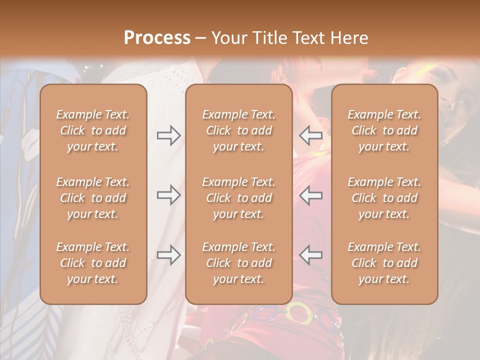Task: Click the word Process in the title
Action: (157, 38)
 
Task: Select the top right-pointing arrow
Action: (168, 135)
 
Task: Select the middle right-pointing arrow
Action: (168, 195)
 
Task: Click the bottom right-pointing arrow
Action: (168, 255)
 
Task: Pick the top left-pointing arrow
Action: (311, 135)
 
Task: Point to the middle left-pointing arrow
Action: (311, 195)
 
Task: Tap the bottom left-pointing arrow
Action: (311, 255)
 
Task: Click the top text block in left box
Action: (93, 130)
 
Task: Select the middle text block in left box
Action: (93, 198)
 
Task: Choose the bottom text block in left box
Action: (93, 263)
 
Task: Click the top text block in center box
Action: (238, 130)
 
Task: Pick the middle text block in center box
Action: (238, 198)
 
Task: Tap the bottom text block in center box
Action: (238, 263)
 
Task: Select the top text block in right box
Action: (384, 130)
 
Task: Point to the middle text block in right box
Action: (384, 198)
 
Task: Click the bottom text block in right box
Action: (384, 263)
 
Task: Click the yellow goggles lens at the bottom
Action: (298, 313)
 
